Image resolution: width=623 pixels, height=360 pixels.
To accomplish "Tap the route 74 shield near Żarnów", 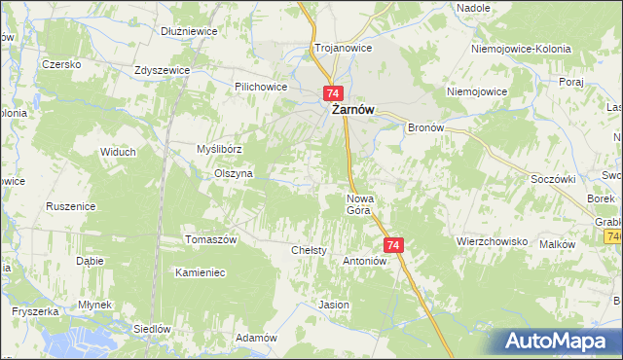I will tap(333, 93).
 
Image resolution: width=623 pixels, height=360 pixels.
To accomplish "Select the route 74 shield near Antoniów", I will tap(392, 245).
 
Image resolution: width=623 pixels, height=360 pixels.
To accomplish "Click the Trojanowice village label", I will tap(338, 47).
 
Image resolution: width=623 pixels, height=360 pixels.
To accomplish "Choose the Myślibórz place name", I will tap(219, 149).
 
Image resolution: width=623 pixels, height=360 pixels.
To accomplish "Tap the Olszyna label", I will tap(234, 173).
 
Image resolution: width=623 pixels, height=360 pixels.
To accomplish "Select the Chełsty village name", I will tap(309, 250).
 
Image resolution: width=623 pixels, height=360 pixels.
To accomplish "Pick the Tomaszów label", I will tap(211, 239).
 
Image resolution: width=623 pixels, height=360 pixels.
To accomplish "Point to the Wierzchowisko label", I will tap(492, 240).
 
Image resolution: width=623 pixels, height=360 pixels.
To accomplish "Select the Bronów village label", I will tap(425, 127).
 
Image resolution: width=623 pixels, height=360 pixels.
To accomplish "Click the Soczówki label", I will tap(554, 179).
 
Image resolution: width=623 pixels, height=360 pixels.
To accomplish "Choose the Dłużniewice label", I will tap(189, 31).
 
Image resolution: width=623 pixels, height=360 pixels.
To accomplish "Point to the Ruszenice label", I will tap(70, 206).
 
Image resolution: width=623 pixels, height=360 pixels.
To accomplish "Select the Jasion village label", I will tap(334, 305).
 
